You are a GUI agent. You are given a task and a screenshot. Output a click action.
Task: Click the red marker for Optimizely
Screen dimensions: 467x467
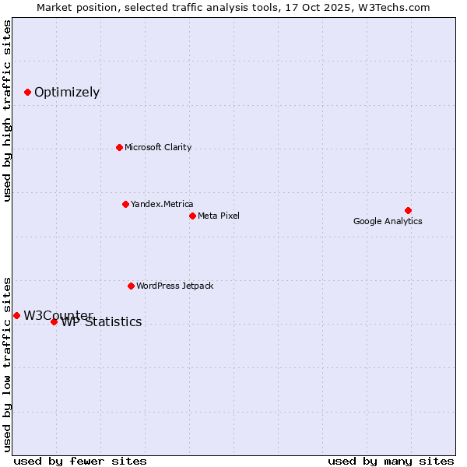tap(28, 92)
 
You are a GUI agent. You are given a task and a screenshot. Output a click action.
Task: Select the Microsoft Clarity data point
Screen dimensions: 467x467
tap(119, 147)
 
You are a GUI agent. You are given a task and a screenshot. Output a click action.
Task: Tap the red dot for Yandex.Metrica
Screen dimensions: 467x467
tap(125, 204)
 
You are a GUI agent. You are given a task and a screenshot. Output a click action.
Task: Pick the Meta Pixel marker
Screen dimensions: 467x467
tap(192, 216)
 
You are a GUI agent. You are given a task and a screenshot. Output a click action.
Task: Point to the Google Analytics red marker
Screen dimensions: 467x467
tap(408, 210)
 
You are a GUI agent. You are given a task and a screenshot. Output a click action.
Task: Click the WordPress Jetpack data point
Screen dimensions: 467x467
tap(131, 286)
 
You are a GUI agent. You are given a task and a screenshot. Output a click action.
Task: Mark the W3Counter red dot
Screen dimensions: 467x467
tap(16, 315)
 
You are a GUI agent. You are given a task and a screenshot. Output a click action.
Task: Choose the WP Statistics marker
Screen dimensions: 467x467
tap(54, 321)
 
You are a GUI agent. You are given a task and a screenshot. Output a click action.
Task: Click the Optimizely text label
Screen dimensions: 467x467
tap(67, 93)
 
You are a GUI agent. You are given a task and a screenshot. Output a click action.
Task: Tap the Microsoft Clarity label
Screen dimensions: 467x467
tap(158, 147)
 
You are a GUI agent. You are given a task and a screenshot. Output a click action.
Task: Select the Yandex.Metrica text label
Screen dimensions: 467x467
tap(162, 204)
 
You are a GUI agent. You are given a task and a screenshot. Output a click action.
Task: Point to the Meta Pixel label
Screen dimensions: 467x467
tap(219, 216)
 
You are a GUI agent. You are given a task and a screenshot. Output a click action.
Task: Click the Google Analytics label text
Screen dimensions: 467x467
tap(388, 221)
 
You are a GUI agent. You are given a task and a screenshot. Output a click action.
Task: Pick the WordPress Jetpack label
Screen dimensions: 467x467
tap(174, 286)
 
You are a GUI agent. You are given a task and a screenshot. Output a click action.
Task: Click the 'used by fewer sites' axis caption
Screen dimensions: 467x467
tap(80, 461)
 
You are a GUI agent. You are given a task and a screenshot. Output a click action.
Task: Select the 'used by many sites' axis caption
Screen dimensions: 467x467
tap(391, 461)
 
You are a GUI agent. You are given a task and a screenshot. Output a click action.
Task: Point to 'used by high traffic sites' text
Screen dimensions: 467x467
tap(8, 111)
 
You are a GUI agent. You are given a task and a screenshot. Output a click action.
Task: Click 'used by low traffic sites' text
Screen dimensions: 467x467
tap(8, 363)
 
